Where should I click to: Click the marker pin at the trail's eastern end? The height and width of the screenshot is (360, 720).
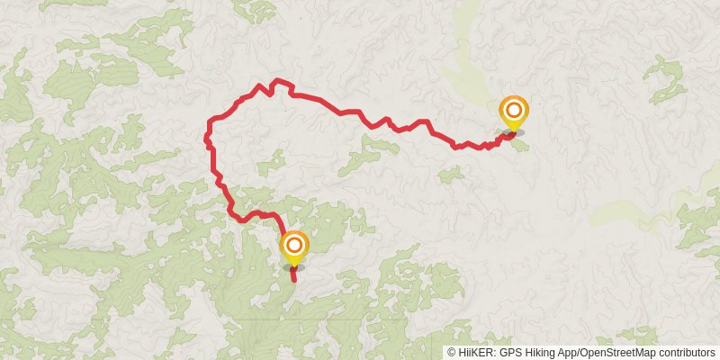coord(514,113)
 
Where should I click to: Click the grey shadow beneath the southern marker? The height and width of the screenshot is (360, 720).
coord(294,267)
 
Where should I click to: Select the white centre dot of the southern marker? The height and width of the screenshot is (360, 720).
coord(294,243)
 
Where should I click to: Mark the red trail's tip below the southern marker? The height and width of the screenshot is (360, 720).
coord(294,281)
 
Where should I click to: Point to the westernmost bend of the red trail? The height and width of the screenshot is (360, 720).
coord(207,139)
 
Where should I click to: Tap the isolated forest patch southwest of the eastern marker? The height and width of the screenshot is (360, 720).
coord(451,174)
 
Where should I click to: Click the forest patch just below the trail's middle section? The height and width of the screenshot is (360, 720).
coord(369,153)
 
